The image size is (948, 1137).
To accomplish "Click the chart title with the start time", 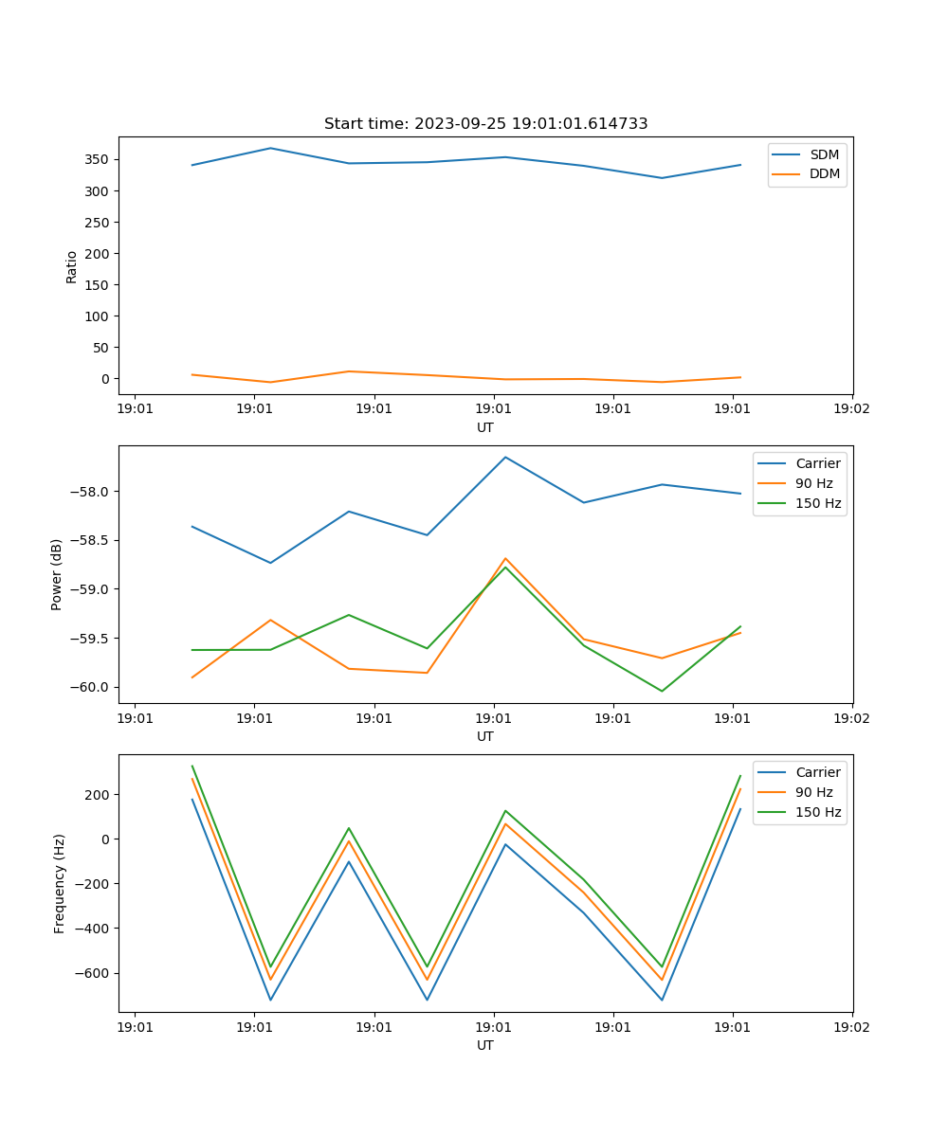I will (x=485, y=124).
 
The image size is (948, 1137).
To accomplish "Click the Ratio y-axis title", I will (x=72, y=266).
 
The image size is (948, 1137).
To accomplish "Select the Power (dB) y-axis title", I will (x=57, y=574).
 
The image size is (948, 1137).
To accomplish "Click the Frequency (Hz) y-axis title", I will (x=59, y=883).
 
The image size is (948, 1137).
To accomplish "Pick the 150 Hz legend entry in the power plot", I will (x=818, y=503).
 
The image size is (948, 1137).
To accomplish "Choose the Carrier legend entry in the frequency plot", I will (x=817, y=772).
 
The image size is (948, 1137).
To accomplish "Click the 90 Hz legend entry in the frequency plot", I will (x=814, y=792).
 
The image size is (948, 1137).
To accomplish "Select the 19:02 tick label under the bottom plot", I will (x=851, y=1025).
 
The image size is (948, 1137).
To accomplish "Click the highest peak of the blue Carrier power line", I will (x=505, y=457).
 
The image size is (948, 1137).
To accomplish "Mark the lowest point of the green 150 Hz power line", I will (x=662, y=691).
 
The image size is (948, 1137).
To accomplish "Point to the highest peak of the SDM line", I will (x=270, y=148).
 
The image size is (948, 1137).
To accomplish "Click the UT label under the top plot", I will (x=485, y=427).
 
